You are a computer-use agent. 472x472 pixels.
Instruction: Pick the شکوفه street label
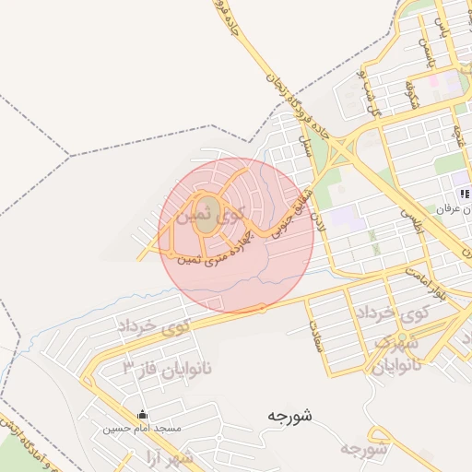tap(410, 91)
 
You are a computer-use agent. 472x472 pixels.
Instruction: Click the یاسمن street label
tap(425, 52)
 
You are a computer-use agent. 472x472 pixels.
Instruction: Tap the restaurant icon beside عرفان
tap(466, 195)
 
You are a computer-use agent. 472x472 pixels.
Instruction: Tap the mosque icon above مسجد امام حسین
tap(141, 415)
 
